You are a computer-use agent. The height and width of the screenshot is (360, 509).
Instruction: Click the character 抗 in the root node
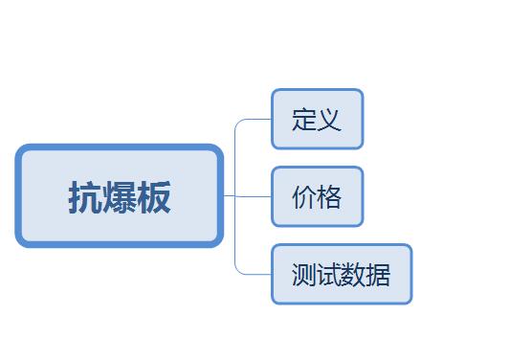click(85, 197)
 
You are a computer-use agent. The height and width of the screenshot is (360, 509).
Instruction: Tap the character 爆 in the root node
click(120, 197)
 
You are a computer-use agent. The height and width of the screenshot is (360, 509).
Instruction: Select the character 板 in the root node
click(153, 197)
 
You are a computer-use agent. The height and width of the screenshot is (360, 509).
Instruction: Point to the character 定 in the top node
click(304, 120)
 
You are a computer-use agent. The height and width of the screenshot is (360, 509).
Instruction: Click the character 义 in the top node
click(329, 120)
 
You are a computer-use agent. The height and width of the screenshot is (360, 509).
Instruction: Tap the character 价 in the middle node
click(304, 197)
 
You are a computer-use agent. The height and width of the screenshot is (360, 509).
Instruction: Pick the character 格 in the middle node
click(329, 197)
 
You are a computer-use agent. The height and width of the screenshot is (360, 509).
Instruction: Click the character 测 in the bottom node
click(304, 275)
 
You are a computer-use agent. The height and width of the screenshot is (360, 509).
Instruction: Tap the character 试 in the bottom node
click(329, 275)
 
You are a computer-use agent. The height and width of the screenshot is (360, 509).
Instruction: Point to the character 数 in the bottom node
click(353, 275)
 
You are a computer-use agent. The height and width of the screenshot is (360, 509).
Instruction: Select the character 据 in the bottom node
click(378, 275)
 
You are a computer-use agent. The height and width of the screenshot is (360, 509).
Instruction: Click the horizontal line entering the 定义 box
click(257, 120)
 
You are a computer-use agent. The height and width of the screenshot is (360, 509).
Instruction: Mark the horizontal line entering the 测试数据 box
click(257, 275)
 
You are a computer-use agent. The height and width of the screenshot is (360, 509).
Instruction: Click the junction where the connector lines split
click(235, 196)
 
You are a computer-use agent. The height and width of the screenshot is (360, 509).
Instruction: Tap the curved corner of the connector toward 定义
click(237, 122)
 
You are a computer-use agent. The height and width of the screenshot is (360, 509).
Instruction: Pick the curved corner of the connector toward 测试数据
click(237, 272)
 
